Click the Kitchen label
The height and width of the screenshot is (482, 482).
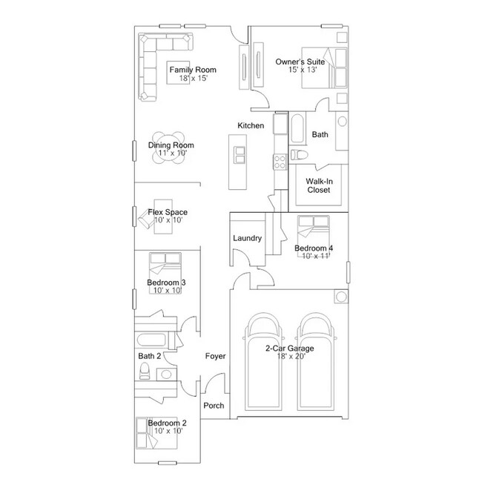pos(251,126)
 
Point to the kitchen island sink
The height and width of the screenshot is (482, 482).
pos(240,153)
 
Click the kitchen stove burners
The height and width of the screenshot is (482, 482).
pos(280,161)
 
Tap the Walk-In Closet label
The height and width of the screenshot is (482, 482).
pos(318,185)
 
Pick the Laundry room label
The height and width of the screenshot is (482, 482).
pos(246,238)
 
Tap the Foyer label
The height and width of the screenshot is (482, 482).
pos(215,357)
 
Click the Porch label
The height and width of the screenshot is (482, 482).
pos(214,406)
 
